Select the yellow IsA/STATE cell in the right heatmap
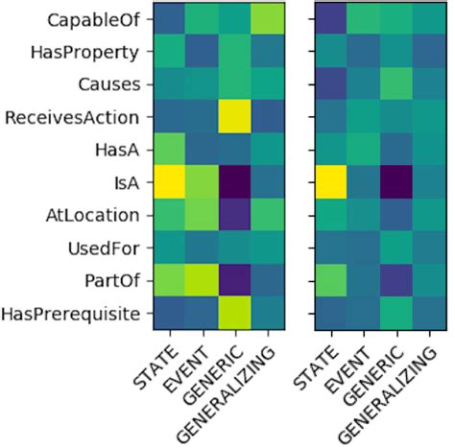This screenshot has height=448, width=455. [x=332, y=181]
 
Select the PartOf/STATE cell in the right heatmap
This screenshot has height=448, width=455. [x=332, y=280]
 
